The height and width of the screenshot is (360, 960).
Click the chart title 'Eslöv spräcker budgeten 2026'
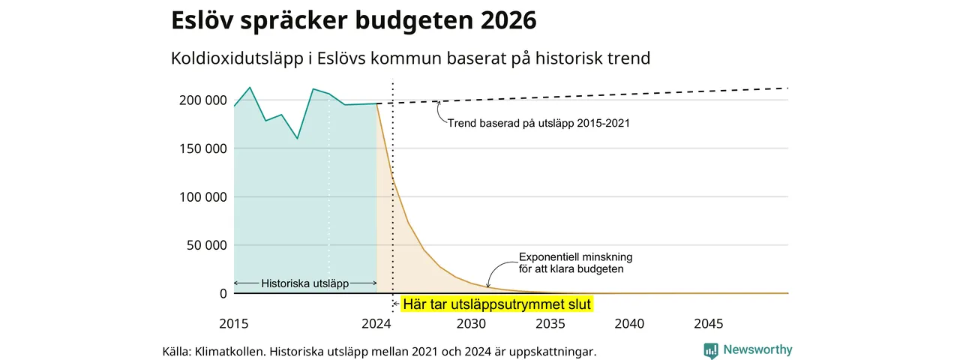click(353, 20)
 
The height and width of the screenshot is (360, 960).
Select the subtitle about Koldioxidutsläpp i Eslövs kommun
click(410, 58)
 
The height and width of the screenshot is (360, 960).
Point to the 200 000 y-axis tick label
click(203, 100)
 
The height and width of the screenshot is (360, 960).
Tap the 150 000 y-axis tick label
click(203, 148)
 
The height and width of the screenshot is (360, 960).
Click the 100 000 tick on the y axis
click(203, 197)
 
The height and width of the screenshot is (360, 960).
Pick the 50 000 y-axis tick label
click(206, 245)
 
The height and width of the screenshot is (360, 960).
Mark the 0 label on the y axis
click(223, 293)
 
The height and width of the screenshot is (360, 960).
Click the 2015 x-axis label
click(233, 323)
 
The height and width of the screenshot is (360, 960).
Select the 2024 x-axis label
click(376, 323)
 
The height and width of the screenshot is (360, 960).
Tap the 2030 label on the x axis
click(471, 323)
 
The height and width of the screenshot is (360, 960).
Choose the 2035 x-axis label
click(550, 323)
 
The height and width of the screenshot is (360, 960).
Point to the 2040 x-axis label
click(629, 323)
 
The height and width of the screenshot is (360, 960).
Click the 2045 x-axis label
click(709, 323)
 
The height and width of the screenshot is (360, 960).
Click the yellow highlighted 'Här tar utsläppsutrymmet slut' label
click(497, 304)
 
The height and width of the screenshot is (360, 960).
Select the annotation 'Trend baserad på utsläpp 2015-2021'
click(538, 124)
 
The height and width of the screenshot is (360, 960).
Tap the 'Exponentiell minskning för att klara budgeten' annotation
click(575, 263)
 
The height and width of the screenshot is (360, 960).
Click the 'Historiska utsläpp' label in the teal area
click(304, 283)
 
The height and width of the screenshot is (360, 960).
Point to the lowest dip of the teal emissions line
click(298, 139)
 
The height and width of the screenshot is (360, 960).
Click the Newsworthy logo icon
click(710, 350)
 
